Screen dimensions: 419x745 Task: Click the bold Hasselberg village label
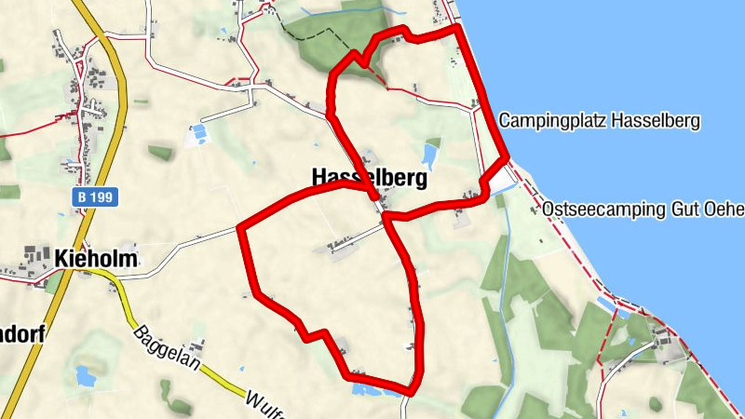(x=369, y=177)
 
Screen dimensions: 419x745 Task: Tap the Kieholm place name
(x=95, y=258)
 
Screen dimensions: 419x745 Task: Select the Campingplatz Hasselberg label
(x=599, y=121)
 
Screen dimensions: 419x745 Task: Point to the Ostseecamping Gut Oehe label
(x=643, y=209)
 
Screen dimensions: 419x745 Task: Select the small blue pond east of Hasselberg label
(x=430, y=154)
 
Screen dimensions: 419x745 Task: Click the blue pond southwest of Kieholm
(x=84, y=376)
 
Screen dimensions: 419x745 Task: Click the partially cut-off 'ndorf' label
(x=20, y=333)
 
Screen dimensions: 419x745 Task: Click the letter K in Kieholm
(x=61, y=258)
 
